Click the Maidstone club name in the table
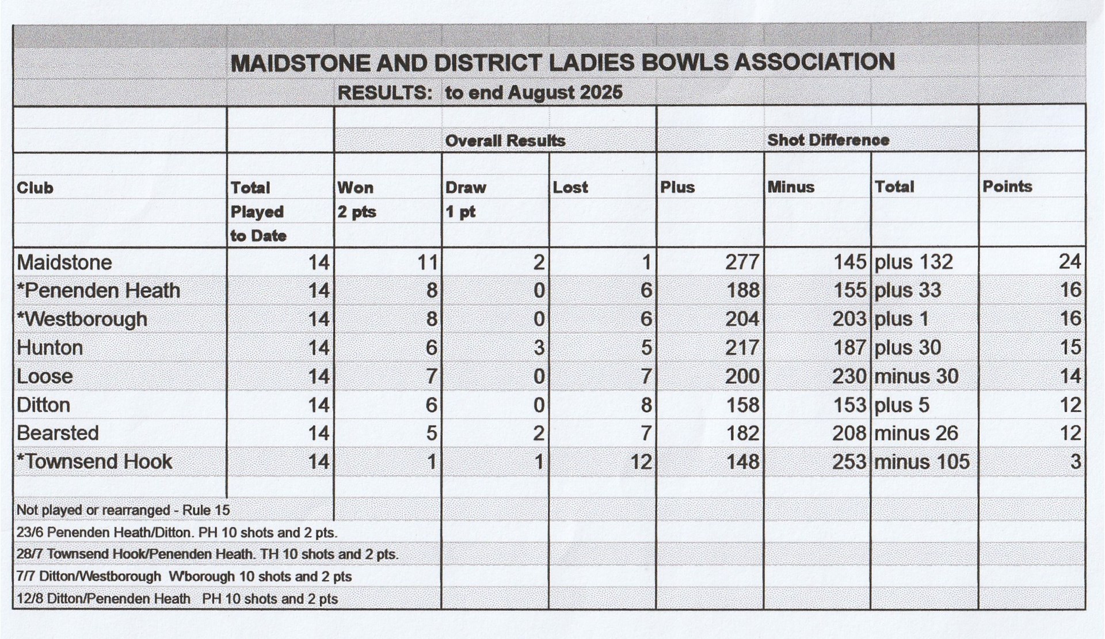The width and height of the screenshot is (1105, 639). (64, 263)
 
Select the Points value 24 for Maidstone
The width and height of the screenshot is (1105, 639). (1069, 261)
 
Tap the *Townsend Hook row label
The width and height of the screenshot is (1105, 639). (94, 462)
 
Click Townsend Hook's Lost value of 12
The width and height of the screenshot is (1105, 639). (641, 462)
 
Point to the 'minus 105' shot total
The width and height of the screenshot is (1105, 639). (921, 462)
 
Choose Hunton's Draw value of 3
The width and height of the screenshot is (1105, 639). (538, 348)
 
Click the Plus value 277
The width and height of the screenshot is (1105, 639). (742, 262)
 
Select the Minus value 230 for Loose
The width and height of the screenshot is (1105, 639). (849, 376)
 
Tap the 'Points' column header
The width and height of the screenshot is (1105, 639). (1007, 187)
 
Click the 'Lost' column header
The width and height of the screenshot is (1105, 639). (570, 187)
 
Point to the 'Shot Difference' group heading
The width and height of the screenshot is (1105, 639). (828, 140)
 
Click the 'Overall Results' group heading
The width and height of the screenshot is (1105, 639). (505, 140)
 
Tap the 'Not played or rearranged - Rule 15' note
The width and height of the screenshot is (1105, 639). (123, 510)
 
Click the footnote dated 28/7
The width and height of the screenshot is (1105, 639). (207, 554)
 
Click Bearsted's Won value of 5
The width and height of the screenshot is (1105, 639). (432, 433)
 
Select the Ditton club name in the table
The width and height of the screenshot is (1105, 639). (44, 405)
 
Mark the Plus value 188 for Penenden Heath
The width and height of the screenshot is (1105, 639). (742, 290)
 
